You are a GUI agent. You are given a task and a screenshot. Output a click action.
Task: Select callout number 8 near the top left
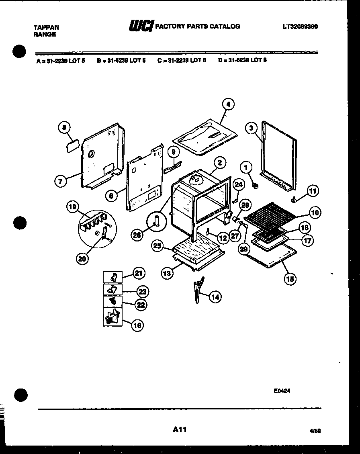(63, 128)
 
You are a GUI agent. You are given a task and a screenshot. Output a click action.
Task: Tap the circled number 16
(137, 325)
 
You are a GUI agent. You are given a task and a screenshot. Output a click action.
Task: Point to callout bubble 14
(215, 297)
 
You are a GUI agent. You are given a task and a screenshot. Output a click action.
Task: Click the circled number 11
(312, 191)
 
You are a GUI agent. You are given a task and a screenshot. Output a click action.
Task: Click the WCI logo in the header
(141, 27)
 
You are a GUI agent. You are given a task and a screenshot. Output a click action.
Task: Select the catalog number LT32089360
(300, 27)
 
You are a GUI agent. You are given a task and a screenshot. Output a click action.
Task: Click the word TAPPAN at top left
(46, 27)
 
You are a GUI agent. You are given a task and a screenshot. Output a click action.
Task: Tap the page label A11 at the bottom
(180, 429)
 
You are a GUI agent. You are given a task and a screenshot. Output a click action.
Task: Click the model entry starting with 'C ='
(182, 61)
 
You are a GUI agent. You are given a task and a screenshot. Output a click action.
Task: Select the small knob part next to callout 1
(255, 186)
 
